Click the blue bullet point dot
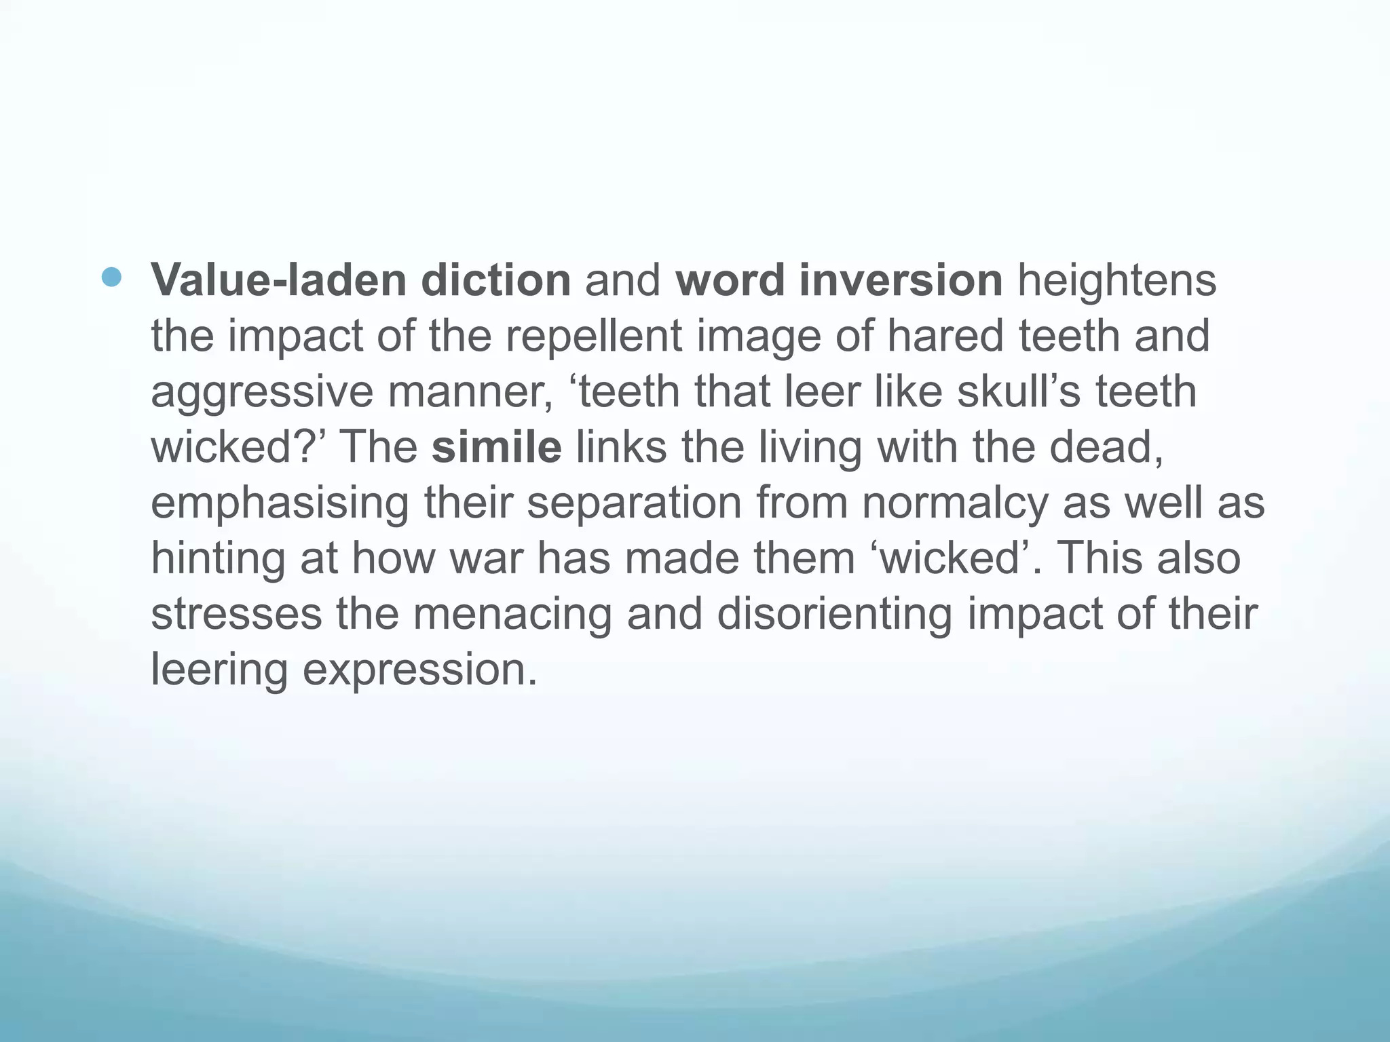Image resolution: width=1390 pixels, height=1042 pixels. tap(111, 277)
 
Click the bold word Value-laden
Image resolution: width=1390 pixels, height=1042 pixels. tap(278, 279)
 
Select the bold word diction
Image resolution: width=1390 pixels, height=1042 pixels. tap(495, 279)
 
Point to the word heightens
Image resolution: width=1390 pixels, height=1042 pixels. tap(1116, 279)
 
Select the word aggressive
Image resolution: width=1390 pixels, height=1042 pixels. tap(261, 393)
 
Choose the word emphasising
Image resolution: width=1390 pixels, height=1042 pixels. tap(280, 504)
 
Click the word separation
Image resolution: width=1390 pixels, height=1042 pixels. tap(634, 504)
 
